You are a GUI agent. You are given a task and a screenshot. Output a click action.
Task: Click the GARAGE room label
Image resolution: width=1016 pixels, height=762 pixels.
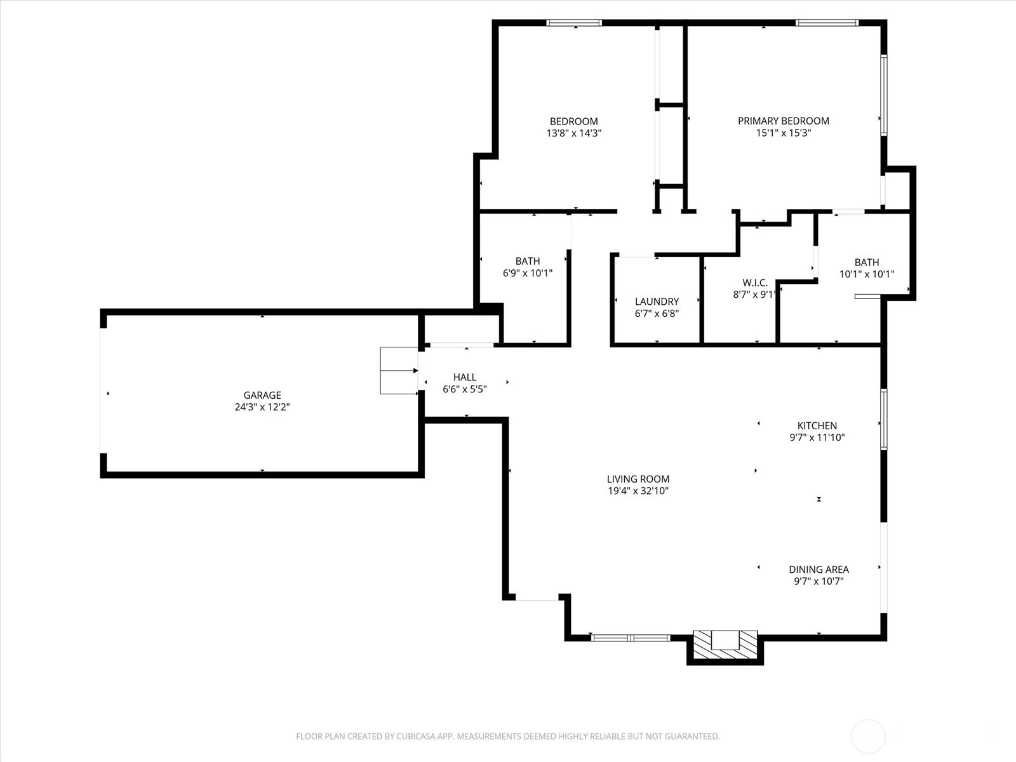pos(262,395)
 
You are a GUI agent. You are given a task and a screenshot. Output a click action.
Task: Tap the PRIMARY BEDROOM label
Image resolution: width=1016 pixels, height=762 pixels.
pos(783,121)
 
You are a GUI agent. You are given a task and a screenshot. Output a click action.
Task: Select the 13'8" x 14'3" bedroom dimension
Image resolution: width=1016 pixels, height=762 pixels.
pos(574,133)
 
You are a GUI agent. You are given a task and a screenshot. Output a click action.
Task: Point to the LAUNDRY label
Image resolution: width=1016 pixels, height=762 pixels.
pos(657,302)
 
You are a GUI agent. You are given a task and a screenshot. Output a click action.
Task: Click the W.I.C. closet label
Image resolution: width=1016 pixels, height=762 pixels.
pos(755,283)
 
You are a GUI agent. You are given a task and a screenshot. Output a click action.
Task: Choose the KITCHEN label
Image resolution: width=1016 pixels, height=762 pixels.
pos(817,425)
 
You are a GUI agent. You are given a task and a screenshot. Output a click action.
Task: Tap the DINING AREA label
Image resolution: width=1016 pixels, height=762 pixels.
pos(819,570)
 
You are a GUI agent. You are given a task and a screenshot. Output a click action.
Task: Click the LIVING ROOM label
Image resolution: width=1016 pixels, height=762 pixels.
pos(638,479)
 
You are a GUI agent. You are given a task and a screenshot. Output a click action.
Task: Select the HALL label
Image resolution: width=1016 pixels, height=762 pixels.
pos(465,378)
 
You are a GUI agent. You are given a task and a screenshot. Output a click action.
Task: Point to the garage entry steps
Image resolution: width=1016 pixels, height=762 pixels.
pos(399,371)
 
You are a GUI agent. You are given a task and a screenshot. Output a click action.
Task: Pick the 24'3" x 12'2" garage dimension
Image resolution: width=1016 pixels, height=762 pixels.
pos(262,407)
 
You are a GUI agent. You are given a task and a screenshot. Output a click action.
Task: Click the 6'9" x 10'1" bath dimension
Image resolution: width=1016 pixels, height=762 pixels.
pos(528,274)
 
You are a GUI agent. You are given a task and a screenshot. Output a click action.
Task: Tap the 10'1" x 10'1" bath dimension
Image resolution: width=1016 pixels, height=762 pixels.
pos(867,274)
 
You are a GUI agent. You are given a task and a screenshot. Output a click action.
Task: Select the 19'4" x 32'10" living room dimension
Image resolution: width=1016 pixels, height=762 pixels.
pos(638,491)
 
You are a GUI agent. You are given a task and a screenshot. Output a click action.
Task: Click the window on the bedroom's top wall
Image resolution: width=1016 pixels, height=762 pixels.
pos(574,23)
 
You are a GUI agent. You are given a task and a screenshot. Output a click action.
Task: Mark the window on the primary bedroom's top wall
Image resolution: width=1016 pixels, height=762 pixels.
pos(827,23)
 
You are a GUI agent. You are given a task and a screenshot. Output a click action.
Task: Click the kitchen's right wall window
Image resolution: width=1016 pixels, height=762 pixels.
pos(884,419)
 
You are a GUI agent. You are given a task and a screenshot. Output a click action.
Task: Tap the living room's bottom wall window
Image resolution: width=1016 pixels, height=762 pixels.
pos(631,638)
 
